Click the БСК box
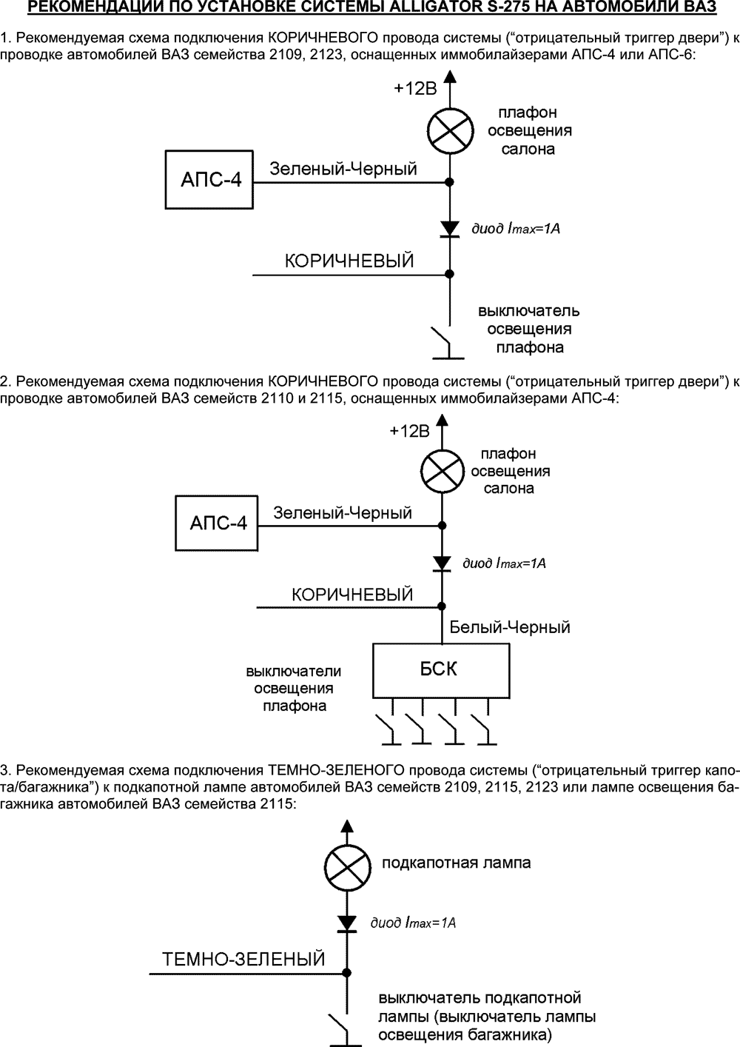click(440, 670)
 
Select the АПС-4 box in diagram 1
click(209, 179)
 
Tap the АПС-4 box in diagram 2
click(216, 523)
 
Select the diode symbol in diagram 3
click(346, 923)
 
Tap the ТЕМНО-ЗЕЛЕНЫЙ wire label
click(243, 960)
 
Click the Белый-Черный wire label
click(510, 627)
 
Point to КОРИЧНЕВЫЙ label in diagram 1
click(349, 261)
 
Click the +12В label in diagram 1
click(415, 88)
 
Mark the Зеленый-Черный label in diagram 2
click(343, 512)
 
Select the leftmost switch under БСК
click(387, 729)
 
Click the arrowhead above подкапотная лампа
click(346, 825)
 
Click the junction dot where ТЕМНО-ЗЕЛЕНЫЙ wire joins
click(346, 971)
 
